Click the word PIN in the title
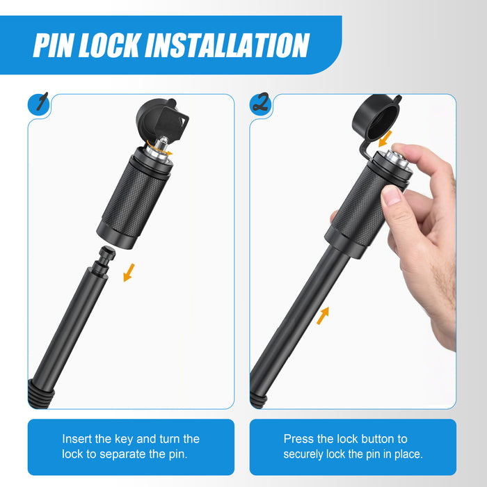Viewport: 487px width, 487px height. click(x=54, y=45)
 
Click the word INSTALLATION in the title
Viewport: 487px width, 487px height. click(x=227, y=45)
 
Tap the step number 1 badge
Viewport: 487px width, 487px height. click(x=39, y=104)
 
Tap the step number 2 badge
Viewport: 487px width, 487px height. click(x=261, y=104)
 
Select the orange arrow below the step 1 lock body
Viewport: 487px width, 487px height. click(x=129, y=273)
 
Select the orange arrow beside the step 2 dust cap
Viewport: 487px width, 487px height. click(x=385, y=138)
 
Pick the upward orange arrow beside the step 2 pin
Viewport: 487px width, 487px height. click(x=323, y=316)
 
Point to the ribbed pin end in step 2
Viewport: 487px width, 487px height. click(x=259, y=400)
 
